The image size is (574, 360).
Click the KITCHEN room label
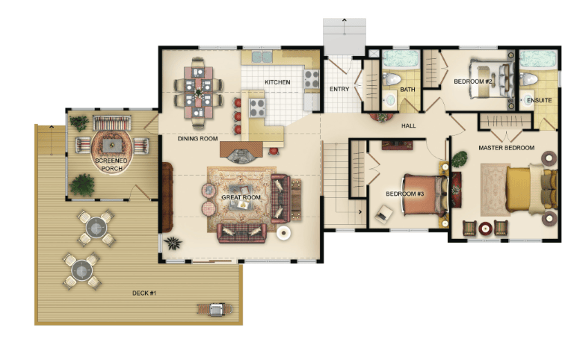click(x=277, y=82)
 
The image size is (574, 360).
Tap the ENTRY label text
click(x=339, y=89)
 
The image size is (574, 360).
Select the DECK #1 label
click(x=144, y=293)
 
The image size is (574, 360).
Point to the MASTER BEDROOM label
click(x=506, y=148)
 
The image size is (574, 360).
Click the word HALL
click(x=409, y=126)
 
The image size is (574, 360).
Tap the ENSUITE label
click(x=539, y=100)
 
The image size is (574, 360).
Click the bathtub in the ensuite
click(x=537, y=59)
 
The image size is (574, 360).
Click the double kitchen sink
click(x=262, y=57)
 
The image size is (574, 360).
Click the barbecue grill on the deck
click(x=215, y=309)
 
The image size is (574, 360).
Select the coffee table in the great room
click(x=241, y=197)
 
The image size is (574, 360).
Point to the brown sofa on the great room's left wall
click(x=167, y=197)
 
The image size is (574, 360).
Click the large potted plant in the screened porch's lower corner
click(x=82, y=185)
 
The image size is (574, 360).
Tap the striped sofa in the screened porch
click(x=112, y=123)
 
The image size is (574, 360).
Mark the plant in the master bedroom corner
click(x=460, y=159)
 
